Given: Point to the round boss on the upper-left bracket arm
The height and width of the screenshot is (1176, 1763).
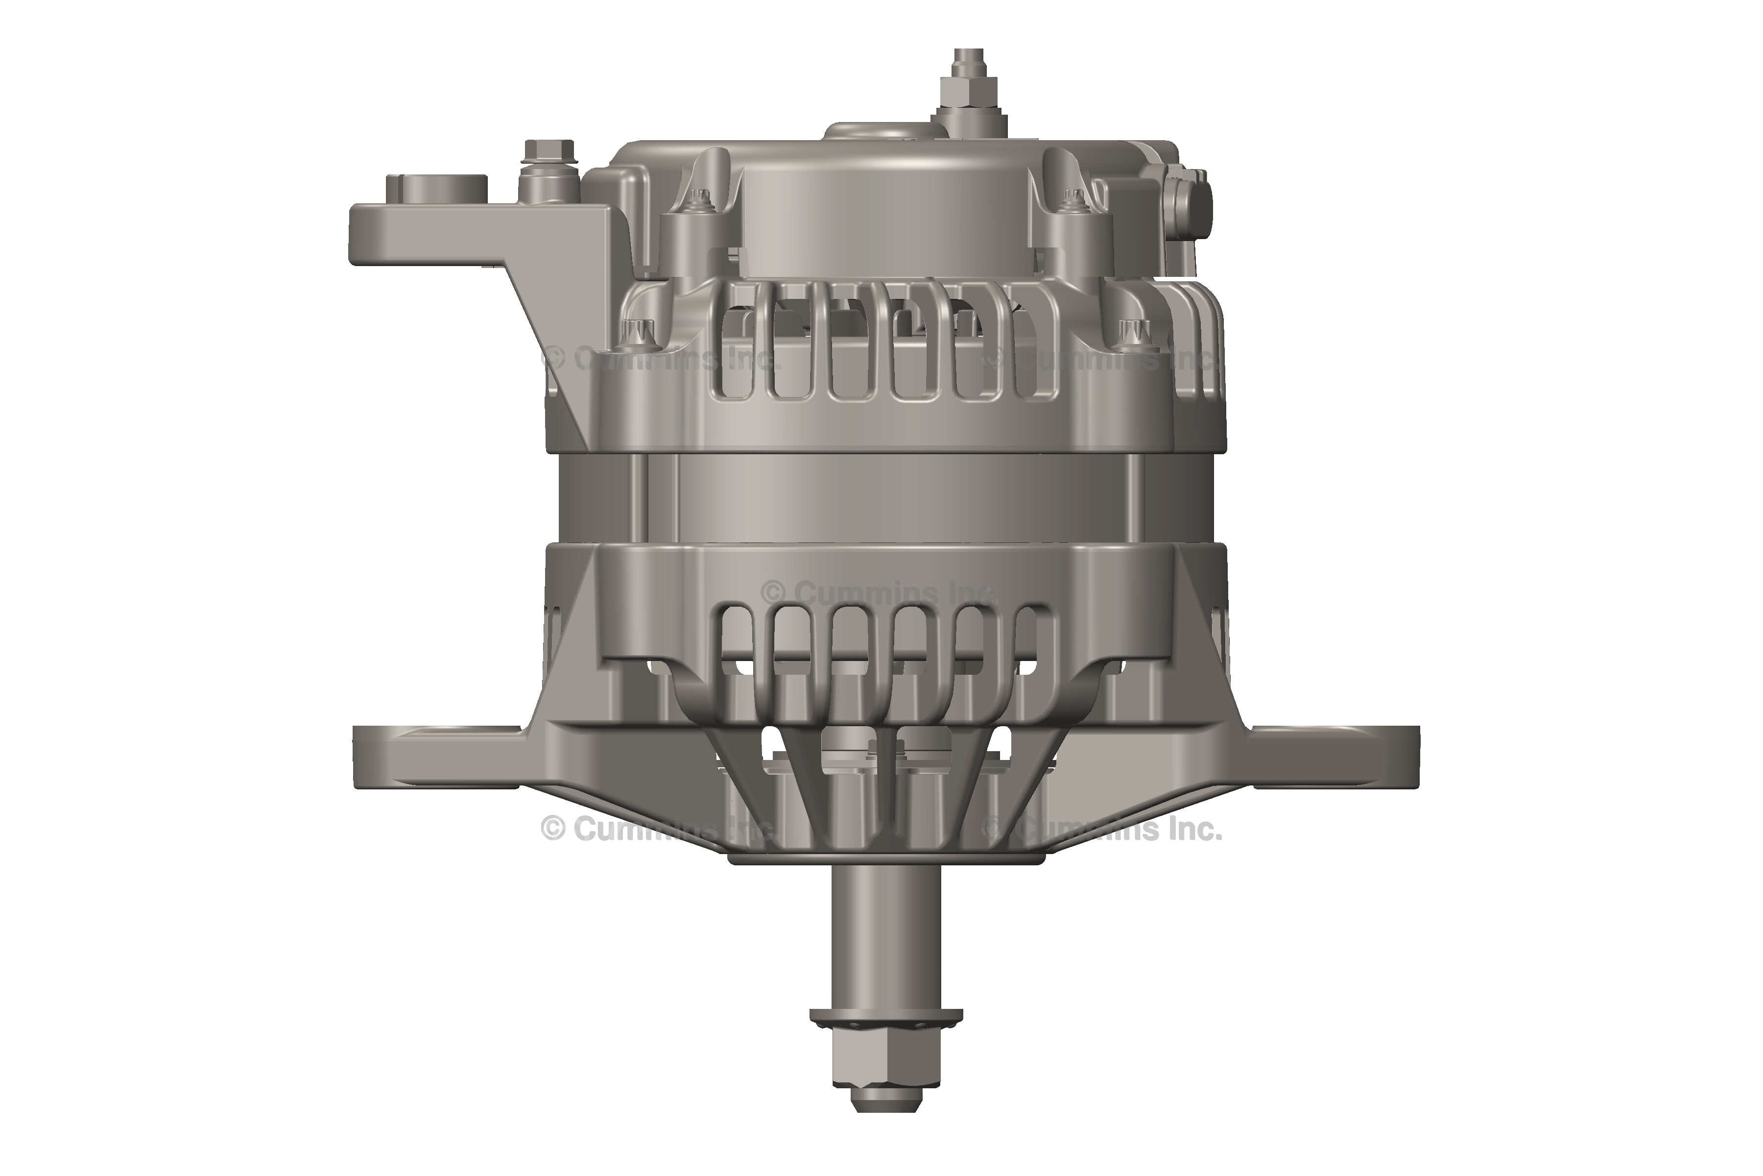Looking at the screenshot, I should click(x=437, y=188).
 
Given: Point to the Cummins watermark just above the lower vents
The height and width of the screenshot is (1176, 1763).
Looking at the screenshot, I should click(x=877, y=592).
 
